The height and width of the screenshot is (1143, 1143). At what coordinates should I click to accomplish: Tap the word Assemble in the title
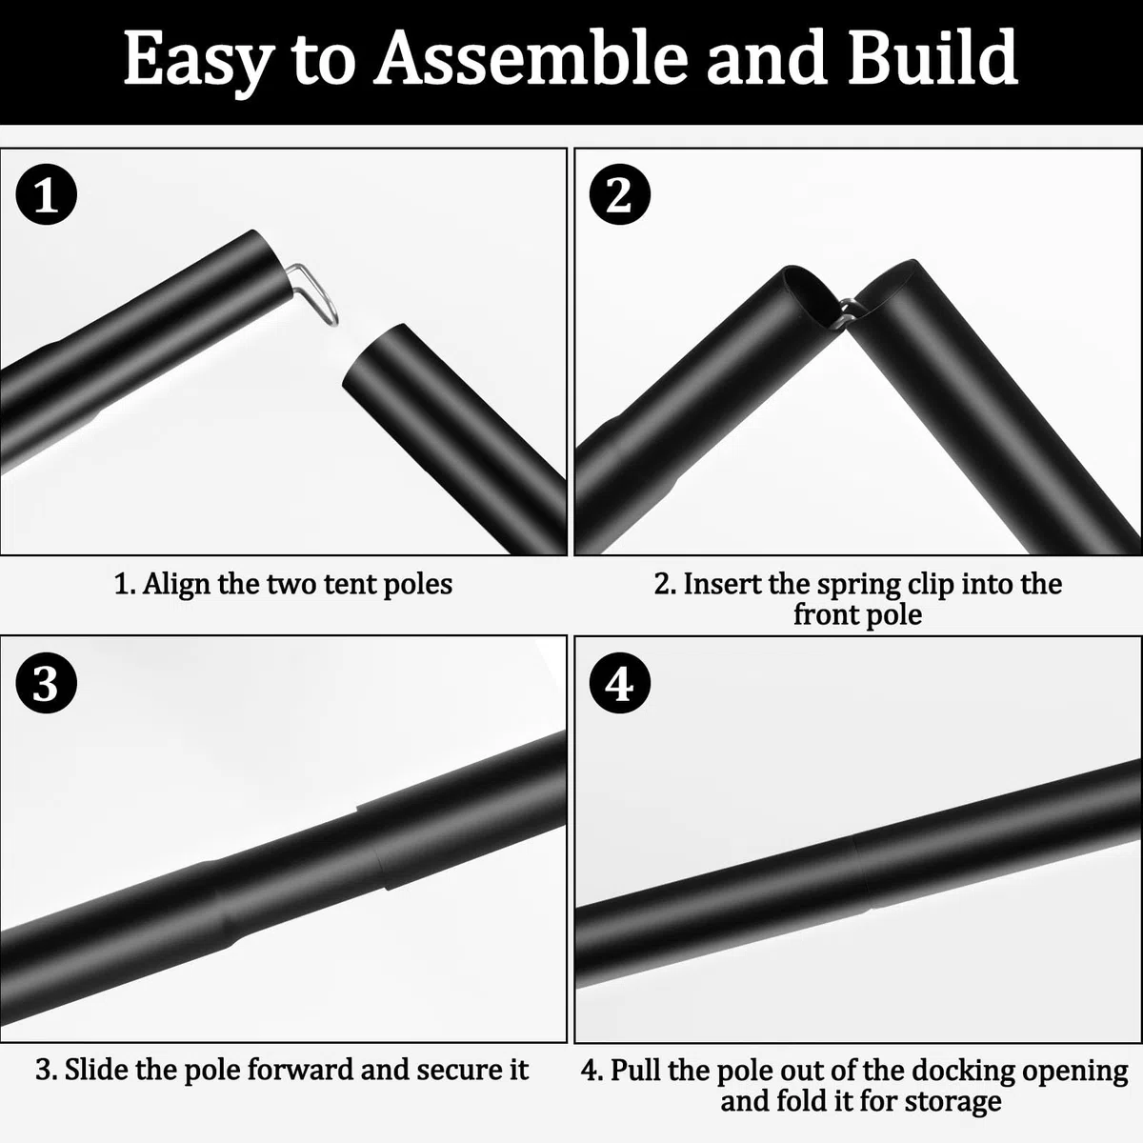[x=531, y=57]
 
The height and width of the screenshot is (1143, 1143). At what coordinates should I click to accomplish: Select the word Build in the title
[x=933, y=57]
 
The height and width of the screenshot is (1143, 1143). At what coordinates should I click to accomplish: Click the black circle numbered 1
[x=47, y=194]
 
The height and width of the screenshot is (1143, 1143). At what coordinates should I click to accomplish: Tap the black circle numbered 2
[x=620, y=194]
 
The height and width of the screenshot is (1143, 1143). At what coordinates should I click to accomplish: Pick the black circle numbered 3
[x=47, y=683]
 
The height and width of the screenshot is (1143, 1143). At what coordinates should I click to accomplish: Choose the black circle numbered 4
[x=620, y=683]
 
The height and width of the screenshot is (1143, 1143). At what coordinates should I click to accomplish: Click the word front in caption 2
[x=825, y=614]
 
